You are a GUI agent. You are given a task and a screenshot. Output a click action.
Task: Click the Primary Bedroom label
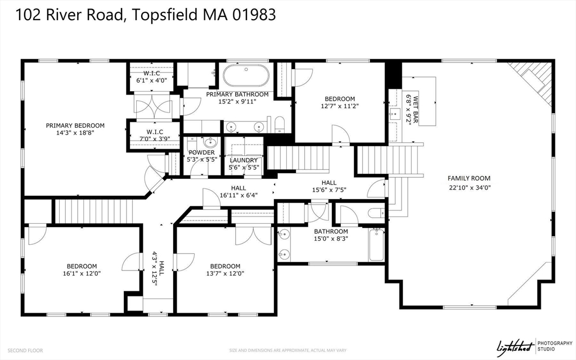(x=75, y=125)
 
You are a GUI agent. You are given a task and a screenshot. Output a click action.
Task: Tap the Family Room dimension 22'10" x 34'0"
(x=470, y=187)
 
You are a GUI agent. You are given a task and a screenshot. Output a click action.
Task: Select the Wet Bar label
(x=416, y=110)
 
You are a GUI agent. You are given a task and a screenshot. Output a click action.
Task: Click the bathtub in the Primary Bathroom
(x=246, y=76)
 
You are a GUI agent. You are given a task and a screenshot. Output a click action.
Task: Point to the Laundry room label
(x=244, y=160)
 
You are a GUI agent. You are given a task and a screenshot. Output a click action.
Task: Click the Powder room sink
(x=210, y=142)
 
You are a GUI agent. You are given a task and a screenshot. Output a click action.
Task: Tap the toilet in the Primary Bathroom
(x=280, y=124)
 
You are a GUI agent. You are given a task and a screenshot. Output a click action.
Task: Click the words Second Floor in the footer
(x=25, y=350)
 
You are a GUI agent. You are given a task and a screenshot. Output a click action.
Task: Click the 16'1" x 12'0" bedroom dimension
(x=82, y=273)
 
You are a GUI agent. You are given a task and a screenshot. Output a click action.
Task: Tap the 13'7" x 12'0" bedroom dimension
(x=225, y=273)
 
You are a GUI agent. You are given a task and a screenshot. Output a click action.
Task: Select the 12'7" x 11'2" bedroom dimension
(x=340, y=106)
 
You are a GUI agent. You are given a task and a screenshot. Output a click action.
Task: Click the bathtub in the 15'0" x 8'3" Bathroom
(x=376, y=244)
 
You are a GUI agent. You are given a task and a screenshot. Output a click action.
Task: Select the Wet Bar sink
(x=394, y=114)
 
